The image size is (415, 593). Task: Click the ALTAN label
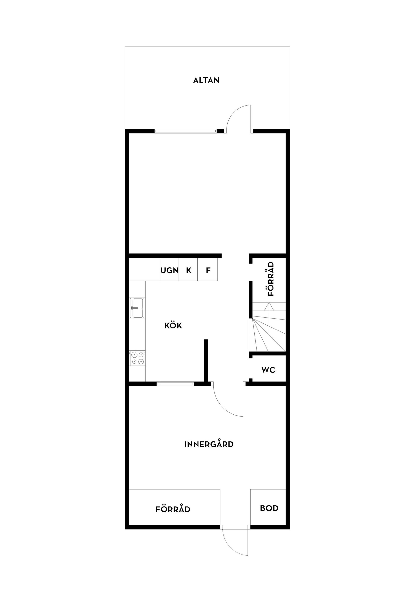click(x=206, y=80)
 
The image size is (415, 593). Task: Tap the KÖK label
click(x=173, y=326)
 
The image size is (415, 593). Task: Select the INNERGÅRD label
click(x=209, y=444)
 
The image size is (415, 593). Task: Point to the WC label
click(x=268, y=370)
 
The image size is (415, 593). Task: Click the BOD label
click(x=269, y=508)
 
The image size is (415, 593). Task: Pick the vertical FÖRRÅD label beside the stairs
click(x=271, y=279)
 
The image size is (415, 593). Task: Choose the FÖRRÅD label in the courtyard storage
click(x=173, y=509)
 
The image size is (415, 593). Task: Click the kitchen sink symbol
click(x=137, y=308)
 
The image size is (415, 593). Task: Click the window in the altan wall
click(x=185, y=131)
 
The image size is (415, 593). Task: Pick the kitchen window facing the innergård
click(x=175, y=384)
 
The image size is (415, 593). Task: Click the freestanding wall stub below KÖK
click(x=206, y=360)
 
